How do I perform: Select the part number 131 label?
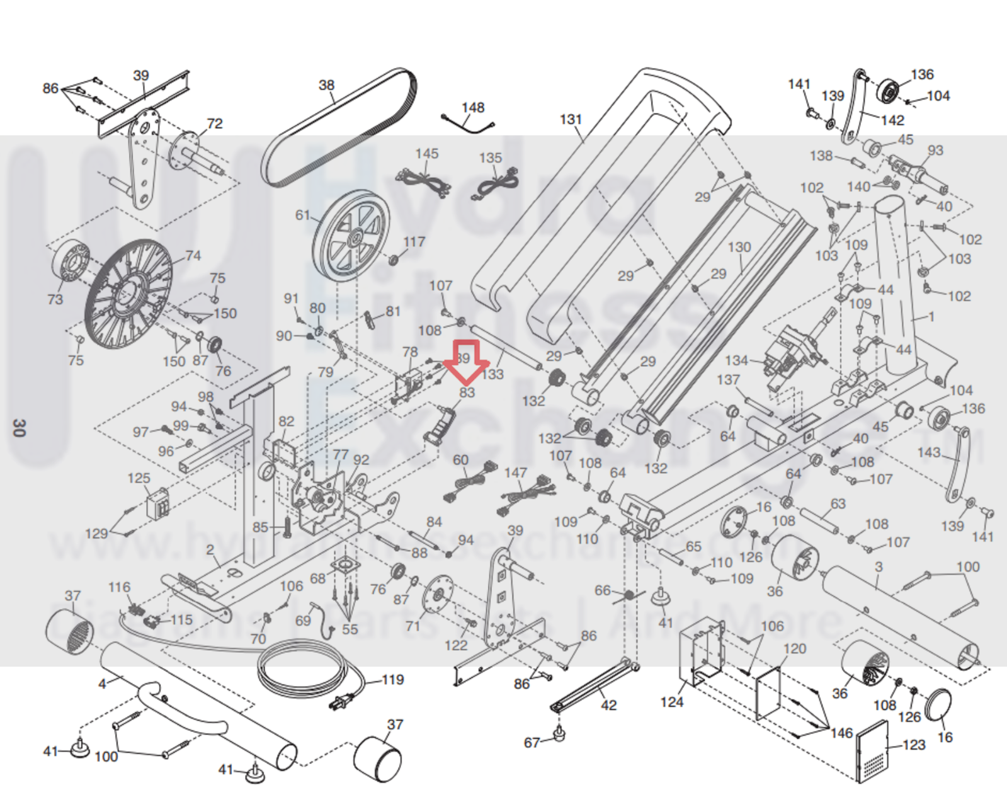[x=571, y=119]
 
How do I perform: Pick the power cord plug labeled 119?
[x=343, y=701]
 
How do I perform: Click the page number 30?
[x=19, y=428]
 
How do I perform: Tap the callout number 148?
[x=472, y=108]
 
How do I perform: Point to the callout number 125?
[x=139, y=478]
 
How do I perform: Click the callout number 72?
[x=215, y=123]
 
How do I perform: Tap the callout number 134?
[x=736, y=360]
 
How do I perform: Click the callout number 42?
[x=608, y=705]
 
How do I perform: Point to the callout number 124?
[x=671, y=701]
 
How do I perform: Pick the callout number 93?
[x=935, y=150]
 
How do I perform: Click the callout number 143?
[x=928, y=452]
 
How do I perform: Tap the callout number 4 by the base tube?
[x=102, y=684]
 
